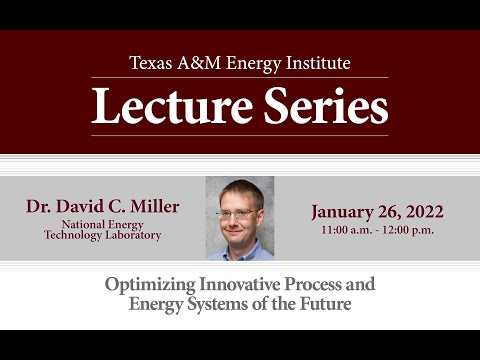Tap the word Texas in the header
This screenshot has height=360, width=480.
pyautogui.click(x=151, y=63)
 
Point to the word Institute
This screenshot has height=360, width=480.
pyautogui.click(x=315, y=63)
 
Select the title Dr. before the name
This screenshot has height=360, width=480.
pyautogui.click(x=42, y=207)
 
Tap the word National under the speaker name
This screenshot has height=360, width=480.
pyautogui.click(x=84, y=224)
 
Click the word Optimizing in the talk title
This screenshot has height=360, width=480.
pyautogui.click(x=149, y=284)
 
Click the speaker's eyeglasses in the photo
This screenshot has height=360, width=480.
pyautogui.click(x=238, y=213)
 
